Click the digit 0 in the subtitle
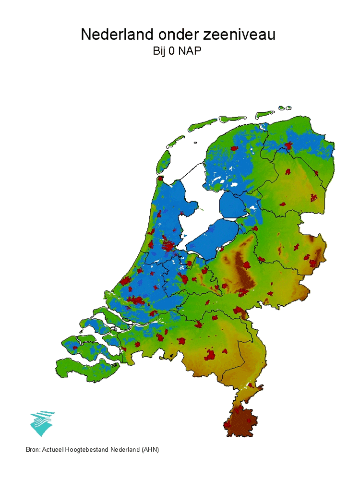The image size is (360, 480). (170, 51)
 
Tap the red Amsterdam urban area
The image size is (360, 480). (169, 247)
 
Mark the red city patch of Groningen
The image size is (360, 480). (288, 146)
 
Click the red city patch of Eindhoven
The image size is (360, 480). (210, 356)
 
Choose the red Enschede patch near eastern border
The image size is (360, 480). (315, 263)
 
